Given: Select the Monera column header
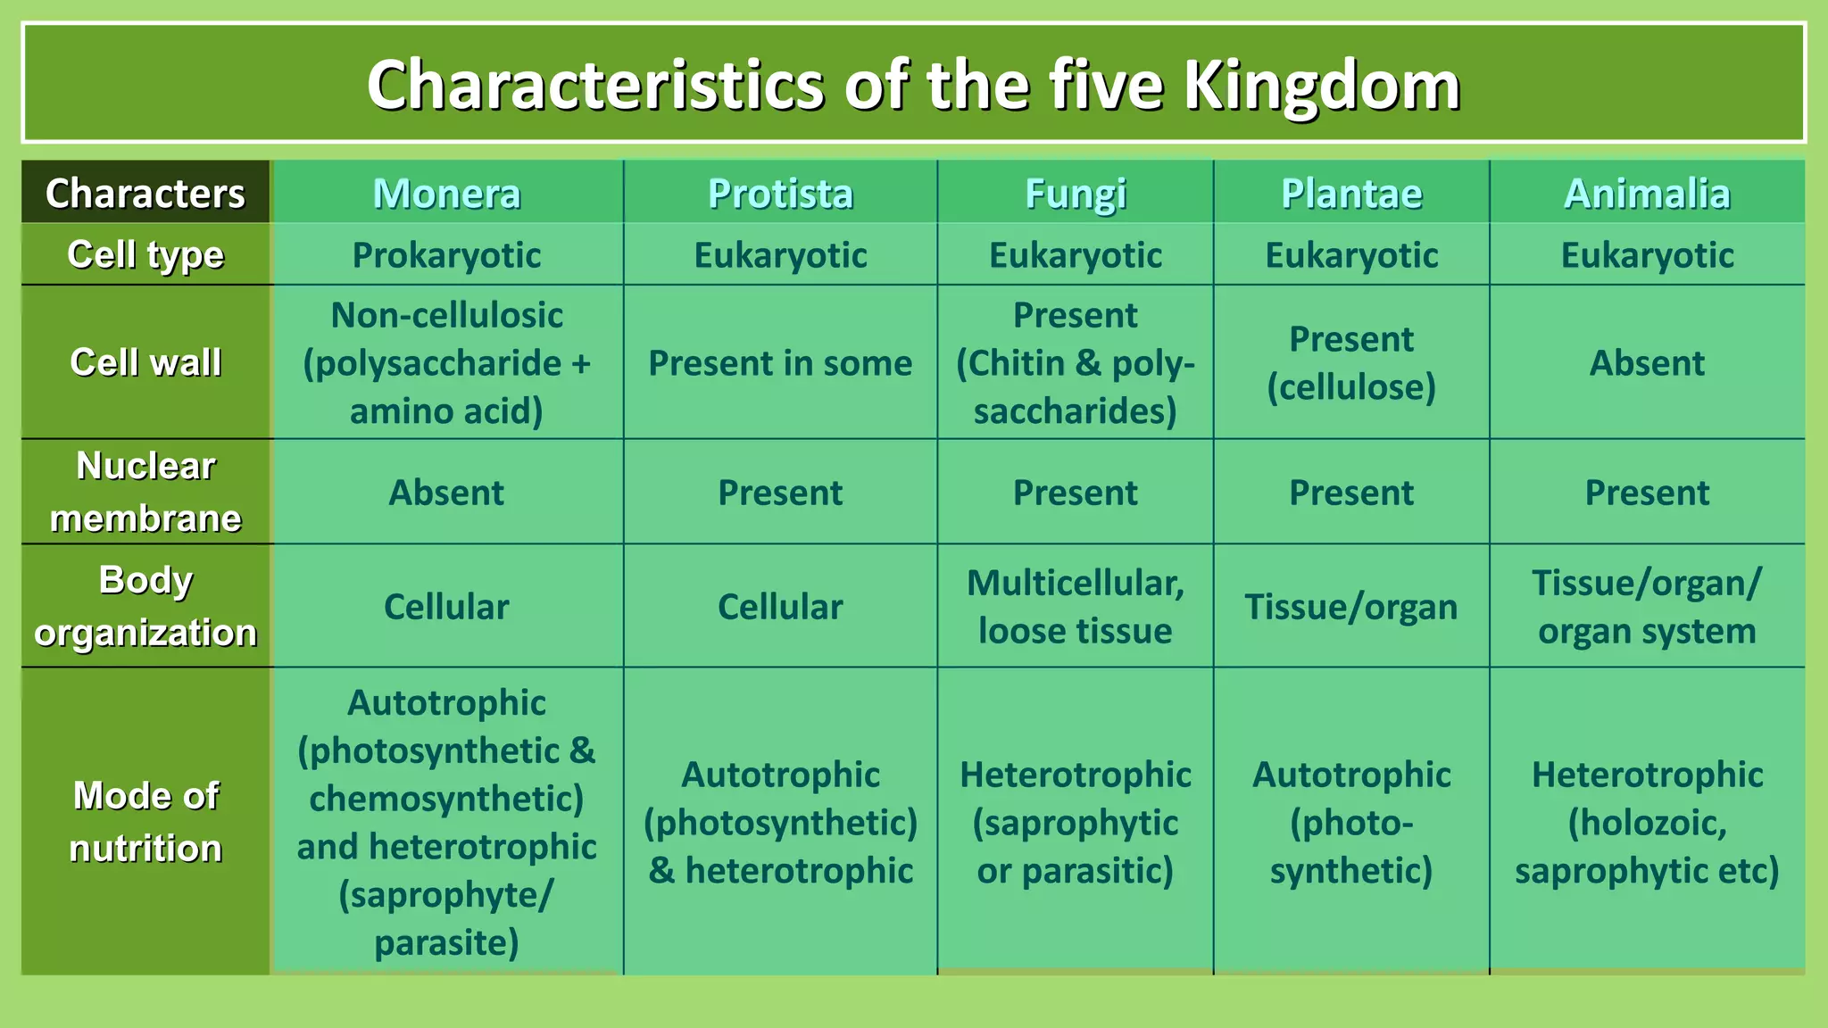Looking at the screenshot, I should [x=446, y=194].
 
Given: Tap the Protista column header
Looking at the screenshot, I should [x=780, y=194].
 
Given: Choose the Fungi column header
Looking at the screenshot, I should [x=1075, y=194].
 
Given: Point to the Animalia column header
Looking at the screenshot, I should [x=1647, y=194].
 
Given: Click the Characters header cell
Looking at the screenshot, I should [x=145, y=194].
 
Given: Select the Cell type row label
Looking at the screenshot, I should [x=145, y=255].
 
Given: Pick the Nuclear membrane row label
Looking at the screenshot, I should [x=145, y=492].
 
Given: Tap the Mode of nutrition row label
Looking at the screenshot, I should [x=145, y=821].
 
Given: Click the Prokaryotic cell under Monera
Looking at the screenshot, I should [x=446, y=255].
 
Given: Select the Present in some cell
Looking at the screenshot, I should [x=780, y=363].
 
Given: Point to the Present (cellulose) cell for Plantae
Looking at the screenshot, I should [x=1351, y=363].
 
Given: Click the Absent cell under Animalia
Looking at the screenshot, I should [x=1647, y=363].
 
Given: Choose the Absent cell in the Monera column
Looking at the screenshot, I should [x=446, y=493].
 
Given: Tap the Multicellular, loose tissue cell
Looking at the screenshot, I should [x=1075, y=607].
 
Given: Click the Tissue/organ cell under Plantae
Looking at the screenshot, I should [x=1351, y=607].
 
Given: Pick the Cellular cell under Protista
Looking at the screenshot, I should [x=780, y=607].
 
